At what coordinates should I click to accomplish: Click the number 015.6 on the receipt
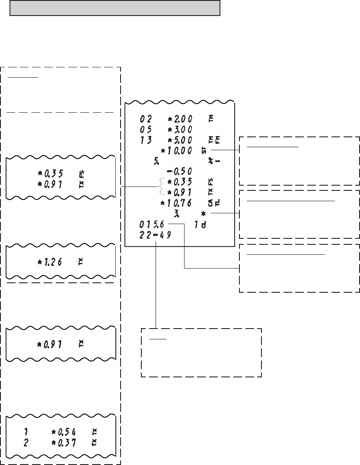coord(152,224)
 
